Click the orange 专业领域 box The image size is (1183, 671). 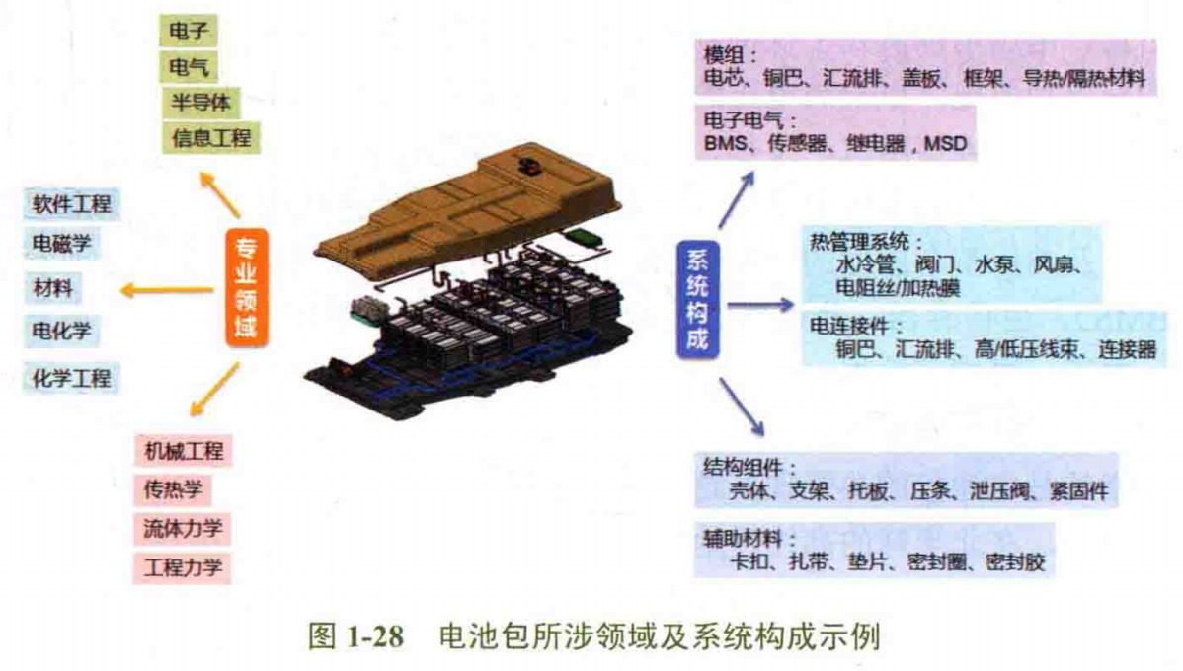(x=247, y=288)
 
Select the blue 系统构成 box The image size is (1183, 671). (x=697, y=299)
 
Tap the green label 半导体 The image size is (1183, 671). (x=200, y=102)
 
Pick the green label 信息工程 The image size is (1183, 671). (x=211, y=138)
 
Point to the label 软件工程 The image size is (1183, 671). (x=72, y=203)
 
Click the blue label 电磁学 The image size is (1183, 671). (x=62, y=244)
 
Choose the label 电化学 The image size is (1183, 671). (x=62, y=331)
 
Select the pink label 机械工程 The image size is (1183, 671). (x=184, y=451)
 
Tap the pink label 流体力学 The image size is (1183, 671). (x=183, y=529)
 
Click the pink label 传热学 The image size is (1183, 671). (x=173, y=490)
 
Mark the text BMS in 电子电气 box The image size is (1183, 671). (x=725, y=142)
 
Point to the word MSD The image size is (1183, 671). (x=945, y=142)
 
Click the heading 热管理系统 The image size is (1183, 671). (x=859, y=241)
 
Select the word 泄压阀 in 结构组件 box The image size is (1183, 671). (x=999, y=491)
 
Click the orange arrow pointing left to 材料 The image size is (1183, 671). (x=168, y=290)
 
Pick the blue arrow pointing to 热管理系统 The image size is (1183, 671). (x=760, y=305)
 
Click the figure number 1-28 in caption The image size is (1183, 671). (x=375, y=636)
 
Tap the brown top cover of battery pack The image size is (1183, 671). (x=469, y=203)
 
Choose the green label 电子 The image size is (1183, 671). (x=189, y=31)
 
